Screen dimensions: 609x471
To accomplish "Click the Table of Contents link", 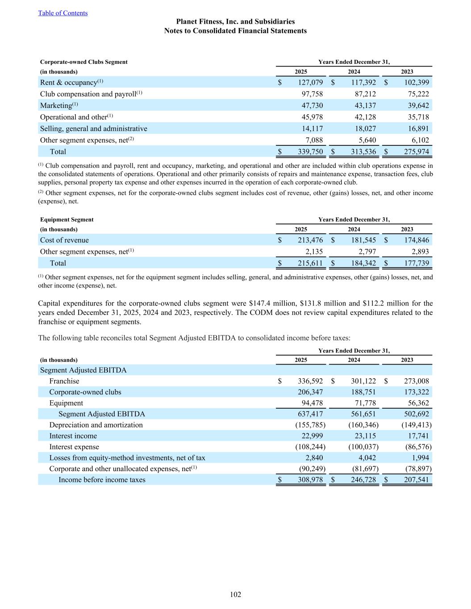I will (x=63, y=13).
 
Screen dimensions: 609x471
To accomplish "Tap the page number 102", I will (x=235, y=594).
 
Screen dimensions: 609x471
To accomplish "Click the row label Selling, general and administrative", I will (x=94, y=129).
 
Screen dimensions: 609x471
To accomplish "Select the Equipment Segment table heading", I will (x=67, y=220).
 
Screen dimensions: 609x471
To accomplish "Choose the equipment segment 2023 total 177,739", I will (x=416, y=263).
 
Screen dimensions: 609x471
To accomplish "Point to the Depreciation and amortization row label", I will (x=96, y=425).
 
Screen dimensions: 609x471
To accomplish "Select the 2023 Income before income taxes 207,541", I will (x=416, y=480).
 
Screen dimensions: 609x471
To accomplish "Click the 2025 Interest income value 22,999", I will (x=310, y=436).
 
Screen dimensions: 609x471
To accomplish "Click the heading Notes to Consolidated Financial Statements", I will (x=235, y=31).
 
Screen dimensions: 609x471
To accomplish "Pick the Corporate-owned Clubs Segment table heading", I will (x=84, y=62).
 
